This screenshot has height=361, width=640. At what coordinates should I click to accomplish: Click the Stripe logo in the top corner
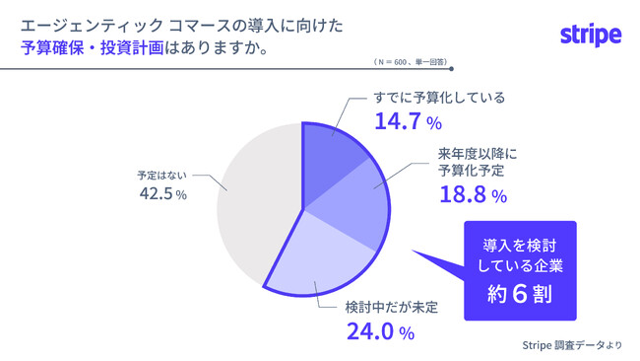pos(591,36)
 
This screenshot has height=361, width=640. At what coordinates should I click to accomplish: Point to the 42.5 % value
pos(162,194)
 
